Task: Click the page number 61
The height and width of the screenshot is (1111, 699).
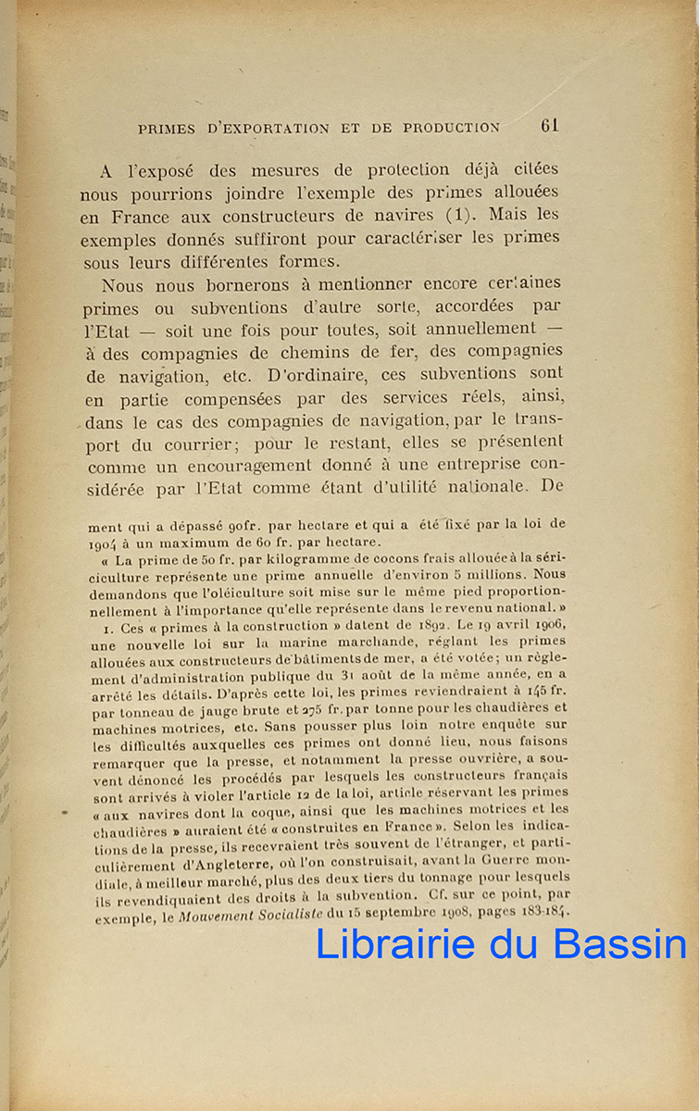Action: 550,126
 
